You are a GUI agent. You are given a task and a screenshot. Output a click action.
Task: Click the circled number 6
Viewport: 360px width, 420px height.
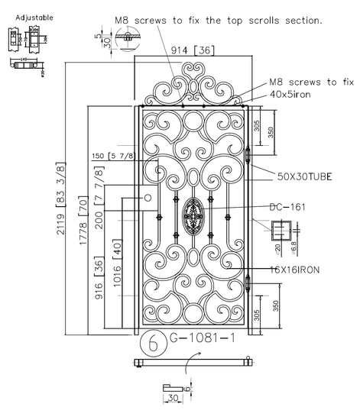pyautogui.click(x=153, y=344)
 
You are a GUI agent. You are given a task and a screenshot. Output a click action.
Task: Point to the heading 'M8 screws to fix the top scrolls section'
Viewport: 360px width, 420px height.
pyautogui.click(x=218, y=21)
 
